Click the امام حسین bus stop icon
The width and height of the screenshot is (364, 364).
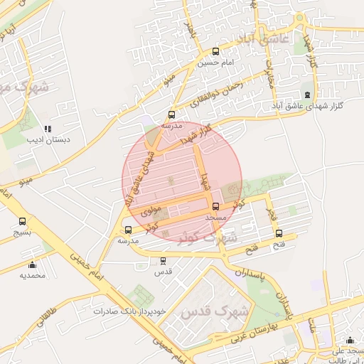(x=216, y=51)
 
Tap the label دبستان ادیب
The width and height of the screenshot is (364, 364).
(x=49, y=139)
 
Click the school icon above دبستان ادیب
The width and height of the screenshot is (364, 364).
(x=48, y=129)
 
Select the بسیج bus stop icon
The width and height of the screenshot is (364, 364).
(x=22, y=222)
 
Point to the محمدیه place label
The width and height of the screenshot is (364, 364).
(x=32, y=274)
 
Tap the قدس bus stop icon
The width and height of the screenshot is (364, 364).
(x=164, y=261)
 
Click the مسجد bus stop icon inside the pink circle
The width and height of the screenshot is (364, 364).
(x=216, y=206)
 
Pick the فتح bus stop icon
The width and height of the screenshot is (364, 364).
(x=278, y=234)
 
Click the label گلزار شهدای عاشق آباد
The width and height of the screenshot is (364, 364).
(x=309, y=105)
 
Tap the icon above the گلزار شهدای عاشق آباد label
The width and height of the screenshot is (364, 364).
(x=307, y=94)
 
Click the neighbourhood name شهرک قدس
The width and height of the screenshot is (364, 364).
(x=213, y=312)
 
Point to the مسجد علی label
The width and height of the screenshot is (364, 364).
(x=348, y=350)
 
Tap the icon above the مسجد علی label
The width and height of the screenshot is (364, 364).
(x=349, y=340)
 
